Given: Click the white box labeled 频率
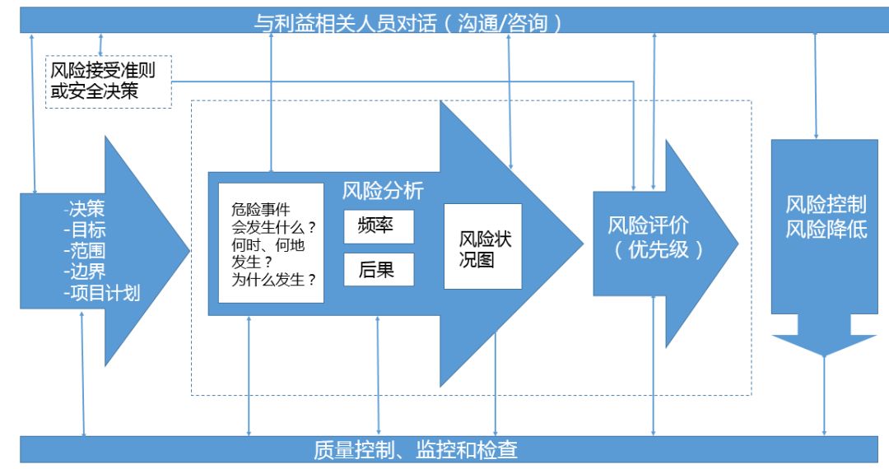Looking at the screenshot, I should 379,226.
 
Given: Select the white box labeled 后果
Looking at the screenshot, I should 379,269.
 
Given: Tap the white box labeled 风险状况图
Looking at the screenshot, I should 483,246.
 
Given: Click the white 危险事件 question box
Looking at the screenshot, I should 272,243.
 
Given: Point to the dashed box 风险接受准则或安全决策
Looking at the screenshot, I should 108,81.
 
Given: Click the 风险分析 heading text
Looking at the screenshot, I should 383,192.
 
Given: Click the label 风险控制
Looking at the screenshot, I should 826,205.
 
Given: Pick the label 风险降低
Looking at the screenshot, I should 826,230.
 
